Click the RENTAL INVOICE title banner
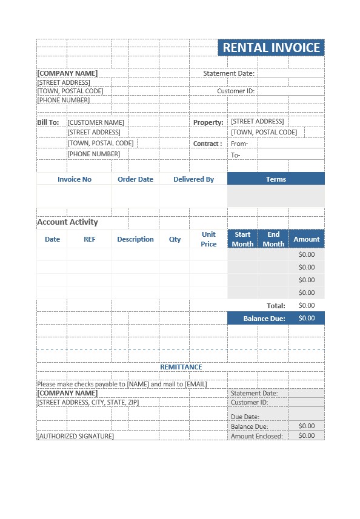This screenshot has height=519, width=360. pos(271,48)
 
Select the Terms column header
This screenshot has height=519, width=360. pos(276,179)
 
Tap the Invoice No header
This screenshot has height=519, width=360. pos(75,179)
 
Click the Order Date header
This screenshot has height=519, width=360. pos(135,179)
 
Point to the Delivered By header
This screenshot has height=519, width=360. pos(193,179)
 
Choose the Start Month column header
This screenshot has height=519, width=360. pos(242,239)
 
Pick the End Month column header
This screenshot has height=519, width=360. pos(273,239)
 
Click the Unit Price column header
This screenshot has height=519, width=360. pos(208,239)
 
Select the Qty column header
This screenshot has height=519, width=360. pos(175,239)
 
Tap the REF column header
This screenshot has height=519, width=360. pos(90,239)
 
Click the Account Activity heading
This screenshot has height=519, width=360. pos(67,222)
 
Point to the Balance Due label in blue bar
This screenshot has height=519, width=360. pos(264,318)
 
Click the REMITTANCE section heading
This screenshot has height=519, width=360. pos(181,367)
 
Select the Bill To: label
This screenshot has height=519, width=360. pos(48,122)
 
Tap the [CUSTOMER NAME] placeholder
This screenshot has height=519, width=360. pos(96,122)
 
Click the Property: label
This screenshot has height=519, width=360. pos(208,122)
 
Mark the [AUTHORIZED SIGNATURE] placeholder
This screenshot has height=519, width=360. pos(75,436)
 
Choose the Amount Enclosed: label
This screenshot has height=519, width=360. pos(257,436)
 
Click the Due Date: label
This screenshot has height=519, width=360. pos(245,417)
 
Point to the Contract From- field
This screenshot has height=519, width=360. pos(240,144)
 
